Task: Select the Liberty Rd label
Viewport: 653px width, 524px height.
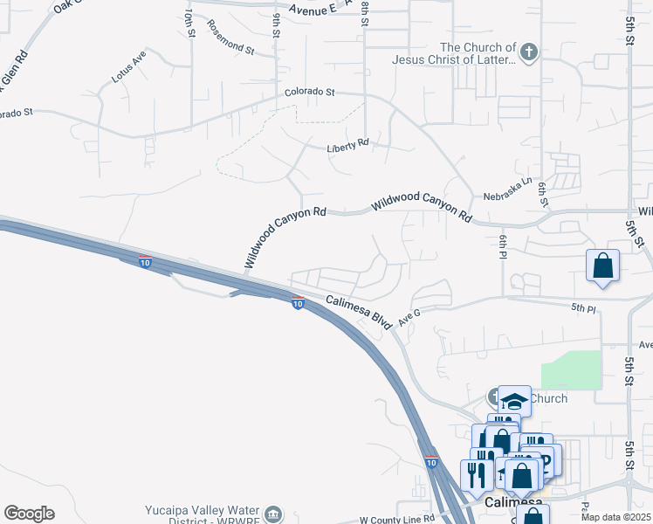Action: click(x=347, y=146)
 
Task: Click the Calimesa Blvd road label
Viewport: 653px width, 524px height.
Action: click(x=359, y=310)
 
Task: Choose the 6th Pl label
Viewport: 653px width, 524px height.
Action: click(x=503, y=246)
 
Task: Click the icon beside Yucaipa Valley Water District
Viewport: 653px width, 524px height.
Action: click(x=274, y=513)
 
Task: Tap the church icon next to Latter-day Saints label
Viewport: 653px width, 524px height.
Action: click(x=528, y=52)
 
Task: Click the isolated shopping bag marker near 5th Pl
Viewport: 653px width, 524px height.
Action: click(x=603, y=265)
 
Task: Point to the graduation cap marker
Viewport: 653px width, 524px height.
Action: click(x=514, y=401)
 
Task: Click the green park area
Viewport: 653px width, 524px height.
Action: click(x=571, y=369)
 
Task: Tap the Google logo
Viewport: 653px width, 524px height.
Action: click(x=29, y=513)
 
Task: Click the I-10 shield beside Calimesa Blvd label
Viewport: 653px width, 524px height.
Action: click(x=298, y=304)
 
